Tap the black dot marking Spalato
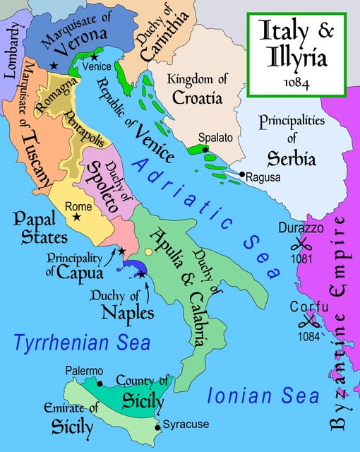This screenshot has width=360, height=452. [205, 150]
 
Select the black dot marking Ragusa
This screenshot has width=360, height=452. [242, 174]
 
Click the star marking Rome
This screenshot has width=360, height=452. [77, 216]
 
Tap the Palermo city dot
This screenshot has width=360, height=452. [100, 383]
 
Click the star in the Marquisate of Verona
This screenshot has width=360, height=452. [54, 65]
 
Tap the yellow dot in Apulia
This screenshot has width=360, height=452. [148, 252]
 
